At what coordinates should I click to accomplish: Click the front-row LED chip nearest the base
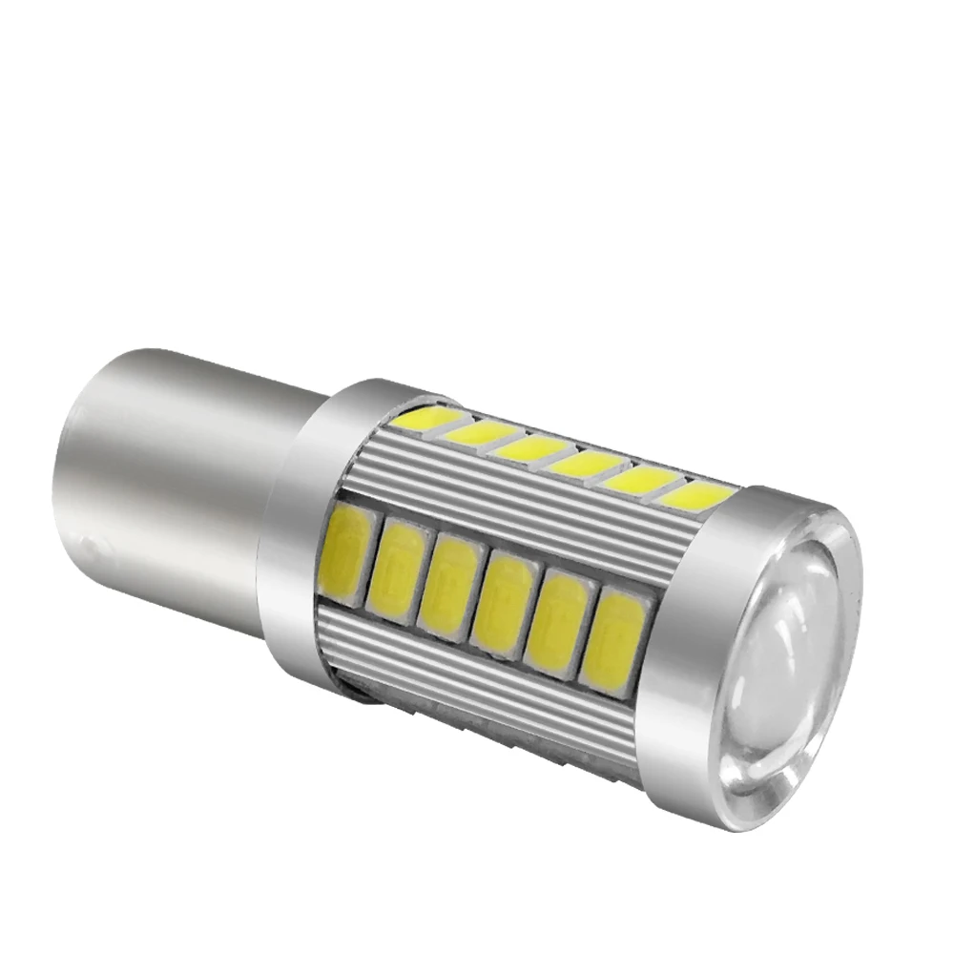click(349, 553)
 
